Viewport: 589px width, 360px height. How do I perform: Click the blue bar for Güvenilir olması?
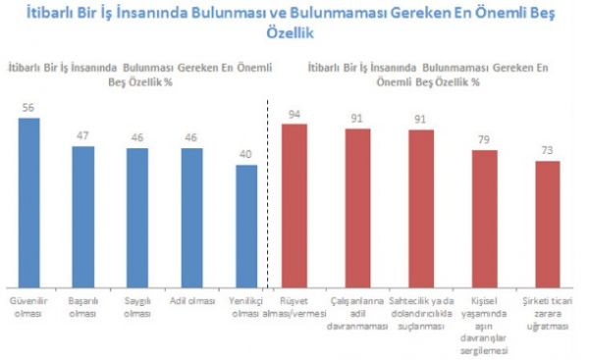(28, 203)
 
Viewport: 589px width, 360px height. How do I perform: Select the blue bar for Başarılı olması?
(83, 217)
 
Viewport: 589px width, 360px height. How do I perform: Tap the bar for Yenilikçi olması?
(246, 227)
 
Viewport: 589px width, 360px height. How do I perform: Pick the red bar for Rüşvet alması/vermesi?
(294, 206)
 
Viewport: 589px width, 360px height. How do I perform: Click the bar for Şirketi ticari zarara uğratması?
(548, 225)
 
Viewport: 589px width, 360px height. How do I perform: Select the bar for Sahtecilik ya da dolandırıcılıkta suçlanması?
(421, 209)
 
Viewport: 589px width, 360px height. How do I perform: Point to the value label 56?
(28, 108)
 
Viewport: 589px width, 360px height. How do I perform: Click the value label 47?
(82, 135)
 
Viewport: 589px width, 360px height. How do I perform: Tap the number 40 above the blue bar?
(245, 154)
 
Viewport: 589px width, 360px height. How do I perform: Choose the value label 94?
(294, 114)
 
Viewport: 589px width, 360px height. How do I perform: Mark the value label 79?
(484, 139)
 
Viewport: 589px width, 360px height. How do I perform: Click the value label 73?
(548, 150)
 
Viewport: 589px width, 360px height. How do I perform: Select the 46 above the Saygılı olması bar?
(137, 137)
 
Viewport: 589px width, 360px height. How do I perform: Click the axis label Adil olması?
(192, 301)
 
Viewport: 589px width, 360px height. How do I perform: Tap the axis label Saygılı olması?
(137, 307)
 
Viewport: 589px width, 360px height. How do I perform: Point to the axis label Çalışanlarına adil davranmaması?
(357, 314)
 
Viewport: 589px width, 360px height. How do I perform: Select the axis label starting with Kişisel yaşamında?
(484, 326)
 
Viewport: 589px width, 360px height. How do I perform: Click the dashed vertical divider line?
(267, 194)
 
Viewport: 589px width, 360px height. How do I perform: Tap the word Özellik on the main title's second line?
(290, 32)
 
